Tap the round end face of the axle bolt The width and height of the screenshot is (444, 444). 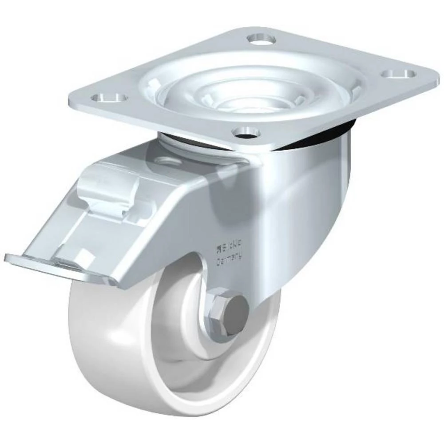point(234,308)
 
